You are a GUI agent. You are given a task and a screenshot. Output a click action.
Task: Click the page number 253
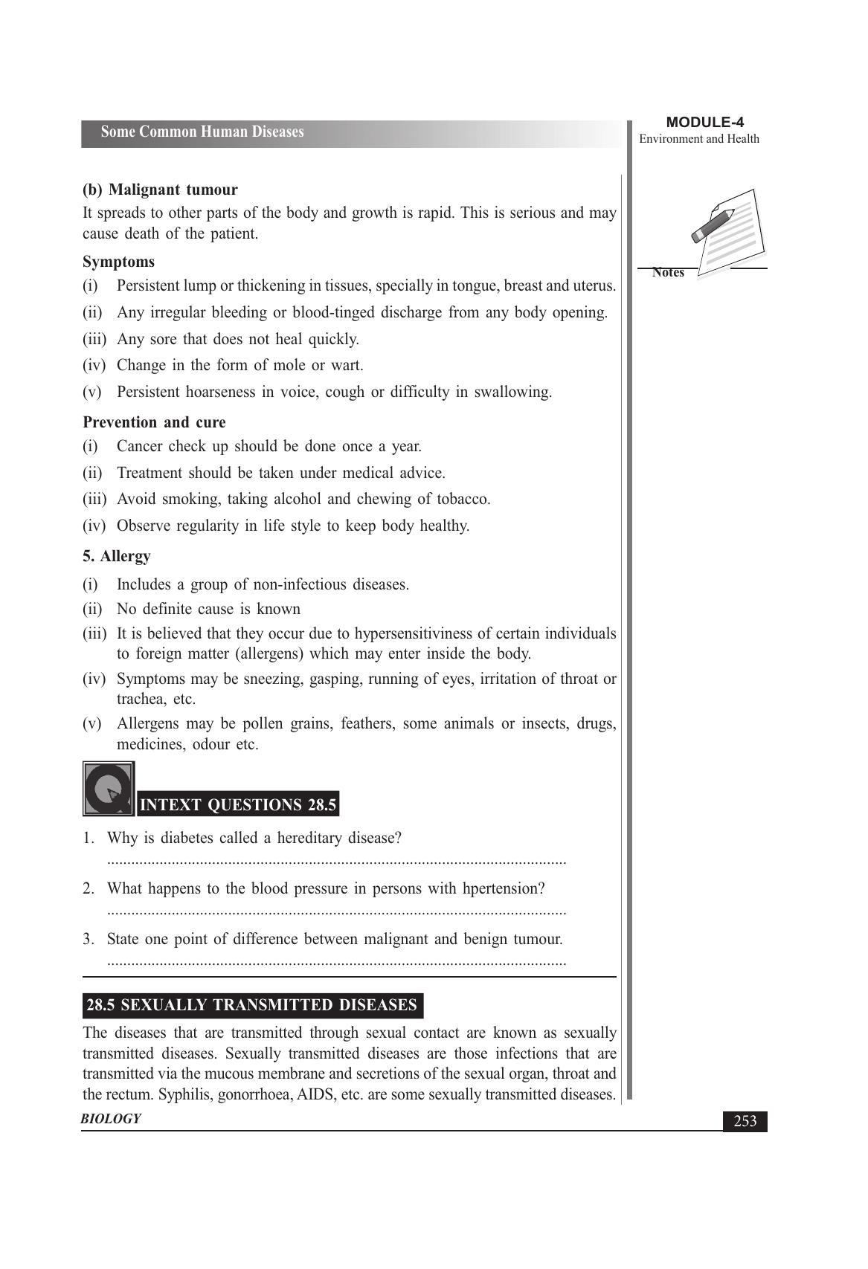745,1121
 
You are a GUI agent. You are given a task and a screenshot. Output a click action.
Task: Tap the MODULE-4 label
704,123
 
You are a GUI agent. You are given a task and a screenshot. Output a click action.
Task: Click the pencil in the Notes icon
713,225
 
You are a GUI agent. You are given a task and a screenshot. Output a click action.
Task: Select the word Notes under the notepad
668,273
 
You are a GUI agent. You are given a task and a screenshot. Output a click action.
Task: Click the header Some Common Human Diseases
202,132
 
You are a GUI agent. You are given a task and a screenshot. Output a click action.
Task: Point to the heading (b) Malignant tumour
160,190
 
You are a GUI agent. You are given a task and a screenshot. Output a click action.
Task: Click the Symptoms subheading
119,262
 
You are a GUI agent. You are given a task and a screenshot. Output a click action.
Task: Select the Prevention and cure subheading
154,422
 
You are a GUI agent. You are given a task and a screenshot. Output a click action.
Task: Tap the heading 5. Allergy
117,556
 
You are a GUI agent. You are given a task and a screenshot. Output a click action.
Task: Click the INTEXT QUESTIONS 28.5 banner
238,805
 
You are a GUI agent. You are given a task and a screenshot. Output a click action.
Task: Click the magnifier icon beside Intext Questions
109,789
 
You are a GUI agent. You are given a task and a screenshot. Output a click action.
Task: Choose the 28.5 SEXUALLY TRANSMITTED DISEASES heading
251,1005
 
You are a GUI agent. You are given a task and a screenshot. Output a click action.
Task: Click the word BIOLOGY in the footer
111,1119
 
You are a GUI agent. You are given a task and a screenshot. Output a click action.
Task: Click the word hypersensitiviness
422,633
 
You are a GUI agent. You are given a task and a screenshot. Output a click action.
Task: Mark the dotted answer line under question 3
336,963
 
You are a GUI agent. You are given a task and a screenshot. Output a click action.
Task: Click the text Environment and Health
699,139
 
